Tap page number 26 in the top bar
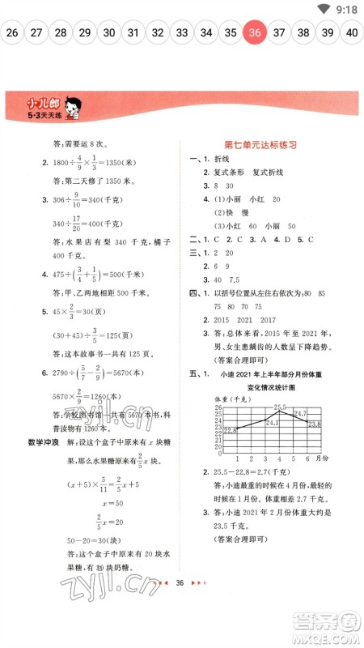[11, 32]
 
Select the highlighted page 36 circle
[256, 32]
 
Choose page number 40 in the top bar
[352, 32]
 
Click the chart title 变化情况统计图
[267, 387]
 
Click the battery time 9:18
[345, 9]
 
